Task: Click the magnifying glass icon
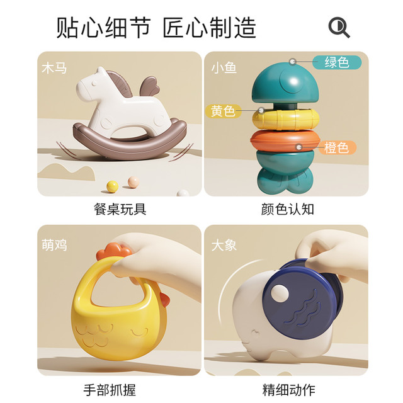[x=339, y=27]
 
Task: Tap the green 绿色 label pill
[x=337, y=62]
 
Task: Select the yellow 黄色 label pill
[x=223, y=111]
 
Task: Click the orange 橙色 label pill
[x=337, y=147]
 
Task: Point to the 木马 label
[x=54, y=69]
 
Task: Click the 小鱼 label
[x=224, y=68]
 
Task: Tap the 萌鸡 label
[x=54, y=245]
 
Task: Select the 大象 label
[x=224, y=245]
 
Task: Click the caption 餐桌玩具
[x=120, y=209]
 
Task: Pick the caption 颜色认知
[x=288, y=209]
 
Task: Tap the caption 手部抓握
[x=110, y=390]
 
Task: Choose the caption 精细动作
[x=288, y=390]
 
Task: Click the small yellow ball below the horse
[x=112, y=186]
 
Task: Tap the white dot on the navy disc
[x=280, y=293]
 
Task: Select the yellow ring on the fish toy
[x=286, y=120]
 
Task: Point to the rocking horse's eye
[x=94, y=83]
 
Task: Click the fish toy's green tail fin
[x=285, y=181]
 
